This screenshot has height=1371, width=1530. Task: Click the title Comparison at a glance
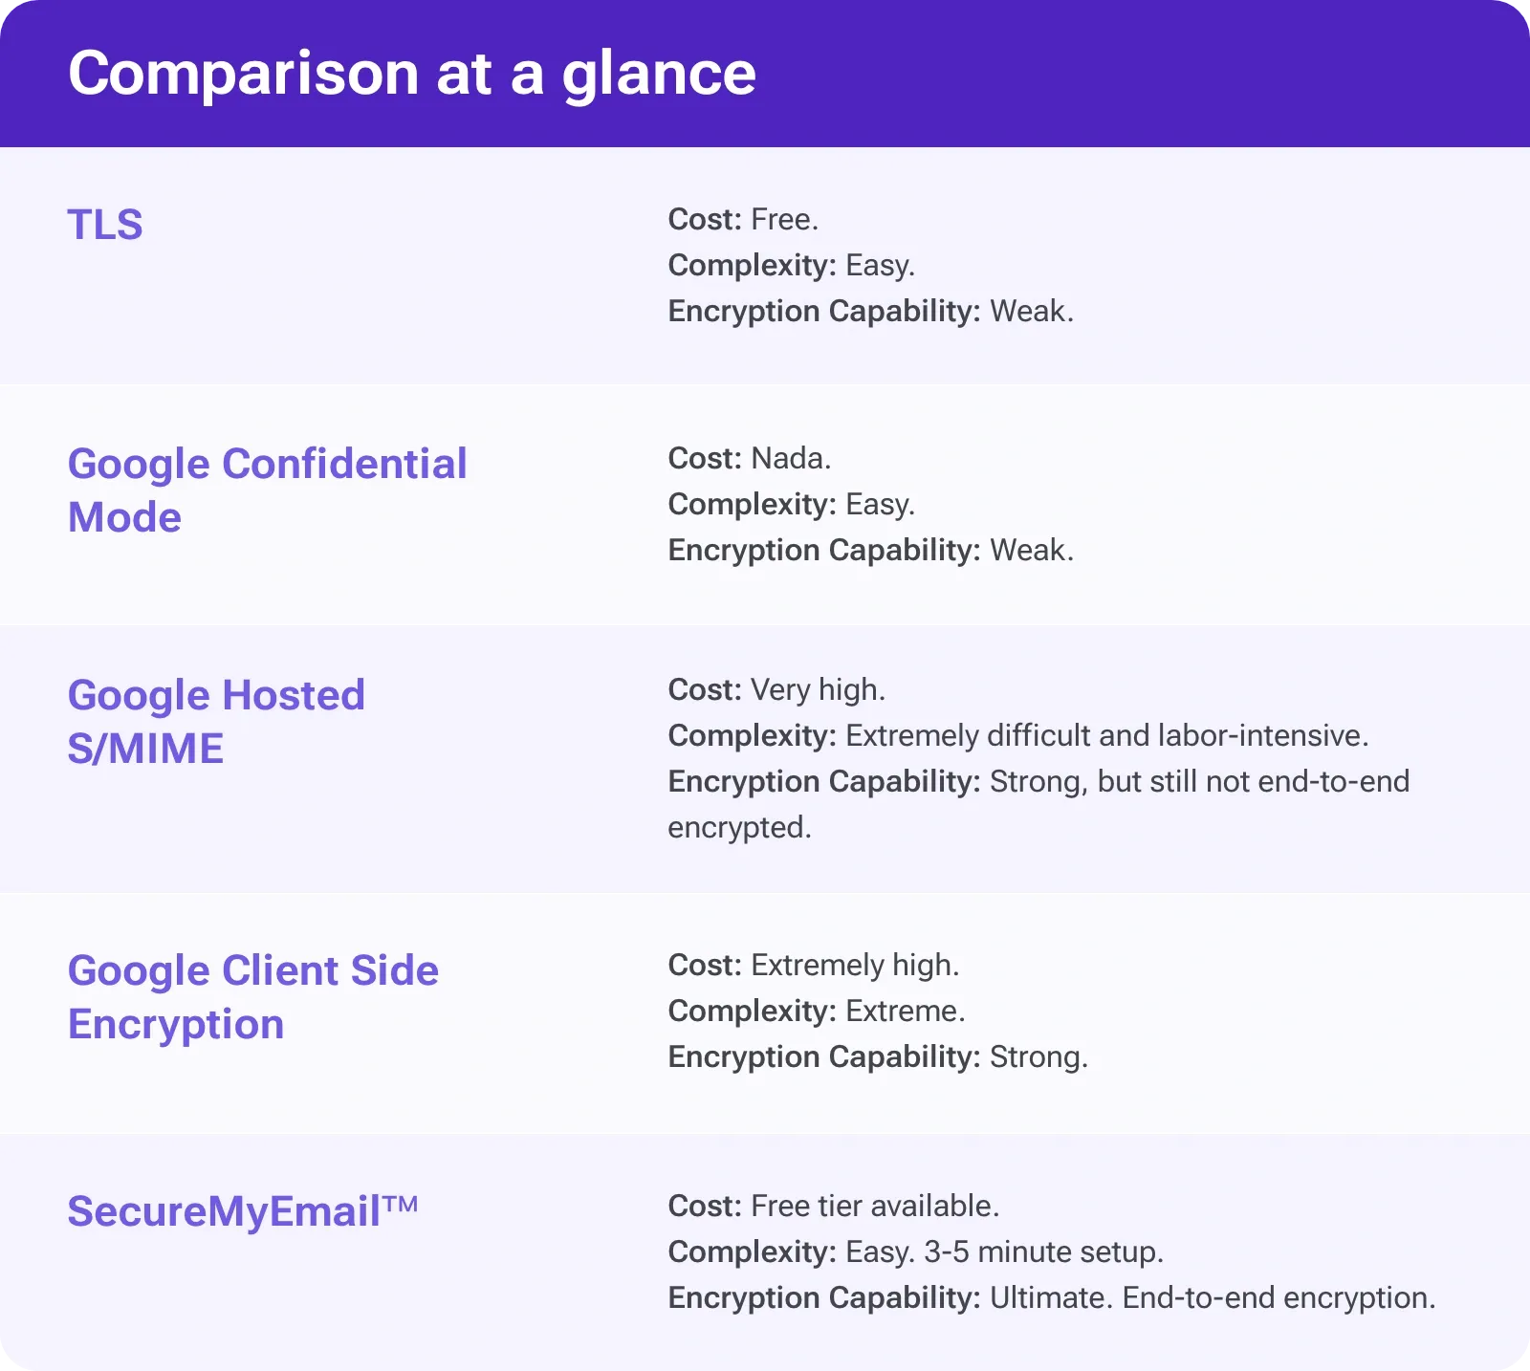(x=412, y=74)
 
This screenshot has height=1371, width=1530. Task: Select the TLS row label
(x=105, y=226)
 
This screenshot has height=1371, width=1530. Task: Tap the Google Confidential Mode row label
(x=267, y=490)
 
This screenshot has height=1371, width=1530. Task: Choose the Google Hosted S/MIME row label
(x=216, y=721)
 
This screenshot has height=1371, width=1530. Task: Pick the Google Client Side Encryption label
(x=252, y=996)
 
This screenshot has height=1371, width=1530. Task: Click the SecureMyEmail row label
(x=224, y=1211)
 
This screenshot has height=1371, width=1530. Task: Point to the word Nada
(x=790, y=459)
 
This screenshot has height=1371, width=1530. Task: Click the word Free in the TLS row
(x=783, y=220)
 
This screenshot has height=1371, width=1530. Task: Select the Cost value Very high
(x=818, y=690)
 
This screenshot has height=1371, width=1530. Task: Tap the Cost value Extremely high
(x=854, y=966)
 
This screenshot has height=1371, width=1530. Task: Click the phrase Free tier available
(x=874, y=1207)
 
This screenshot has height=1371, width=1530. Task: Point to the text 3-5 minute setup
(x=1043, y=1252)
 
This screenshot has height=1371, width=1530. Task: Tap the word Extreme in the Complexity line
(x=905, y=1012)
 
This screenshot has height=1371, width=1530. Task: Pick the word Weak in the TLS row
(x=1030, y=312)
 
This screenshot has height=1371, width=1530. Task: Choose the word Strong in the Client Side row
(x=1038, y=1057)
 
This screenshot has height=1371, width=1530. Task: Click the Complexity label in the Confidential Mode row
(x=752, y=505)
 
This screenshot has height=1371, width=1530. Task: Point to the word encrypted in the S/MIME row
(x=738, y=828)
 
